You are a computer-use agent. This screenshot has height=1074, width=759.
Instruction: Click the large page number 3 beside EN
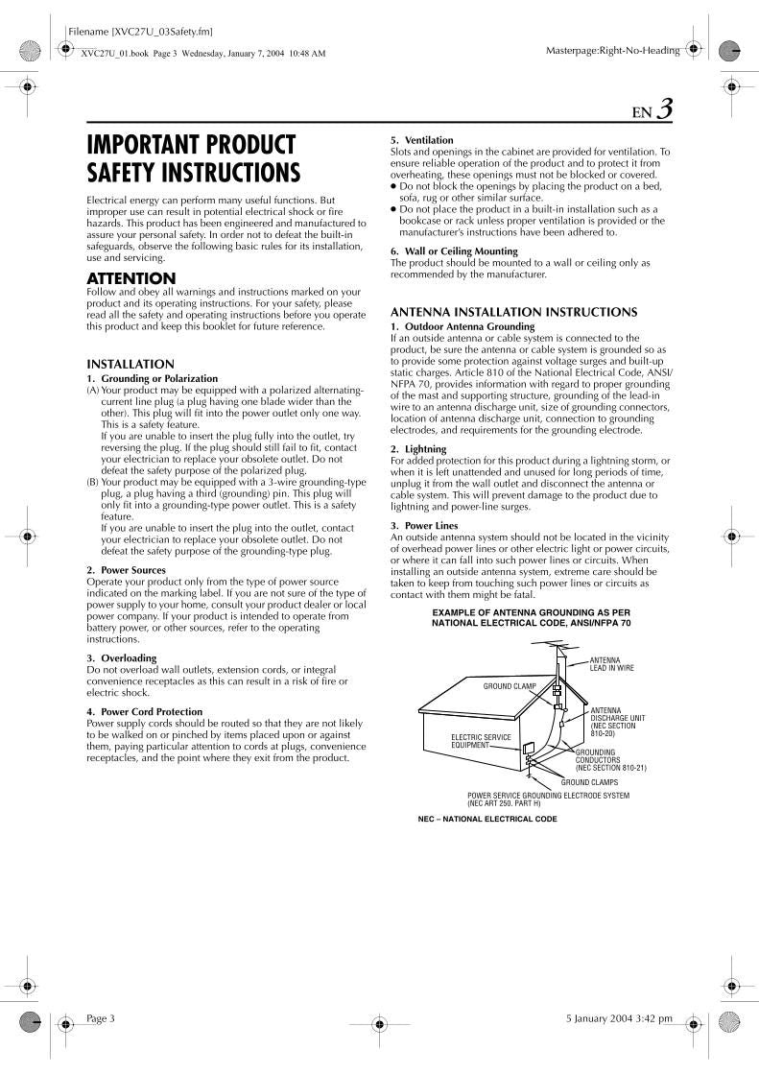[664, 109]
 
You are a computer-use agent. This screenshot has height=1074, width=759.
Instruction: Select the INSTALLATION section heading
[130, 365]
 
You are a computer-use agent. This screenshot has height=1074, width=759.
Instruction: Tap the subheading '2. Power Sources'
[128, 570]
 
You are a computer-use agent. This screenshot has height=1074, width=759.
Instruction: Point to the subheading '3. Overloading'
[122, 658]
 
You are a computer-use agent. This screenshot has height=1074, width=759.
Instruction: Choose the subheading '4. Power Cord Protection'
[145, 711]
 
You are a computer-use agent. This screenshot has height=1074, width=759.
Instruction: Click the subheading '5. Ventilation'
[422, 140]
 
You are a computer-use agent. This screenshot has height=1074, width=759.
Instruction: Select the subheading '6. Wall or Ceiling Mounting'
[454, 251]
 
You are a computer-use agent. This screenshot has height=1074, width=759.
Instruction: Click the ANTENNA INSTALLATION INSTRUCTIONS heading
[513, 312]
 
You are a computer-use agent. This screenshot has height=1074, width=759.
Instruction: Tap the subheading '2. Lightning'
[418, 449]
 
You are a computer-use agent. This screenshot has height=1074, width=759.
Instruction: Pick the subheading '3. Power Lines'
[424, 526]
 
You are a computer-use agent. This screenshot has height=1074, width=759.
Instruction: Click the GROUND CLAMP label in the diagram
[509, 687]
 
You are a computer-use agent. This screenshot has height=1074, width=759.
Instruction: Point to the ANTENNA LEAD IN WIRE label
[611, 664]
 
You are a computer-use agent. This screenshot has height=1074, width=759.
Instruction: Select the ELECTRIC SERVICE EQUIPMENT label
[481, 740]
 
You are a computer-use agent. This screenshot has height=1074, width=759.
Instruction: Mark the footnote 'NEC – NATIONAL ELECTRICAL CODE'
[487, 819]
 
